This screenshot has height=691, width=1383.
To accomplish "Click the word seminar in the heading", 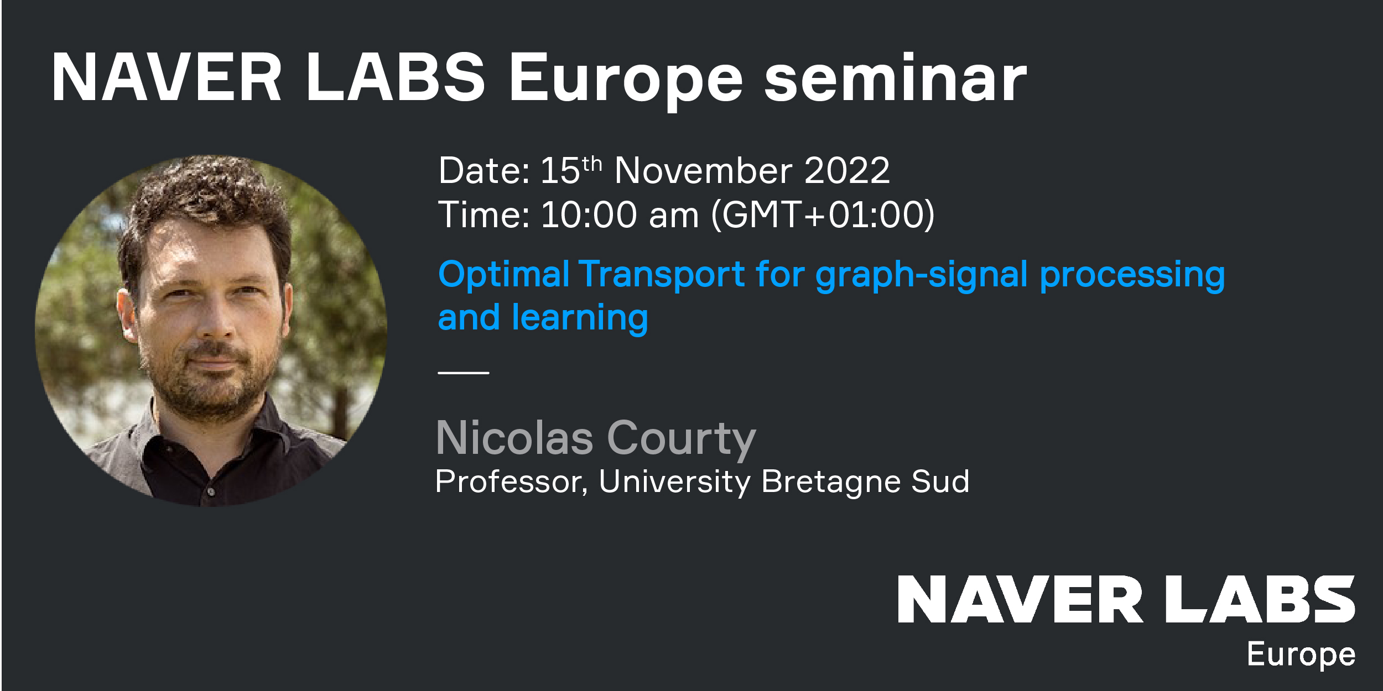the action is (x=896, y=78).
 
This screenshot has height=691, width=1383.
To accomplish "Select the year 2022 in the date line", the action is (x=847, y=170).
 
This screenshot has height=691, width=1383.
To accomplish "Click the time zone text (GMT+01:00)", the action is (x=823, y=214).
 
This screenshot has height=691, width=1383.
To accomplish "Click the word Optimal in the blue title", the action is (x=503, y=275).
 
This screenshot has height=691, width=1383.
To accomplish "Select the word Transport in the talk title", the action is (x=662, y=274).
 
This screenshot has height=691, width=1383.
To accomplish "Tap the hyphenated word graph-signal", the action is (x=922, y=275).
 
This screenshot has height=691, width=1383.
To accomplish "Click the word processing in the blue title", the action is (x=1132, y=275).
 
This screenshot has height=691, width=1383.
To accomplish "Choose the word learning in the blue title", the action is (x=580, y=318).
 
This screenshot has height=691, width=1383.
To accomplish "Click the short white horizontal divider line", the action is (x=464, y=373).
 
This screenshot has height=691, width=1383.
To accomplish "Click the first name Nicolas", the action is (x=514, y=438).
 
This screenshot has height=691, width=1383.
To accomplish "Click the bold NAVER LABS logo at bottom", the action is (x=1126, y=599).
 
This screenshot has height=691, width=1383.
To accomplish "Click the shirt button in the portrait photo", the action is (x=210, y=491).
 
